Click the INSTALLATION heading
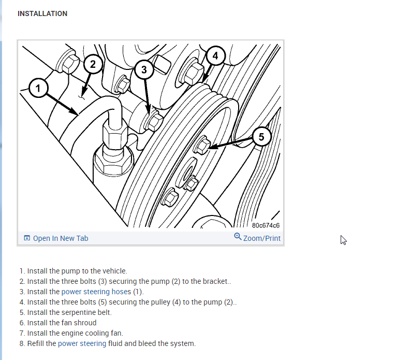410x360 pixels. point(42,13)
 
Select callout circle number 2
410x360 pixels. point(93,64)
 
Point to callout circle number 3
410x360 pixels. point(144,69)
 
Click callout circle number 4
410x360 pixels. point(215,55)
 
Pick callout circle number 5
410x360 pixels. point(261,137)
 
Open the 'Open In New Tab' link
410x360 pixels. point(61,238)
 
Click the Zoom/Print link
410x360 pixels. point(261,238)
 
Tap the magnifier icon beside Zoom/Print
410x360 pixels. point(238,237)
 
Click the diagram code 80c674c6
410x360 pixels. point(266,225)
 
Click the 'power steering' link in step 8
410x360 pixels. point(82,343)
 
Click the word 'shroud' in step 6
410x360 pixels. point(85,322)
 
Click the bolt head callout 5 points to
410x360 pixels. point(202,146)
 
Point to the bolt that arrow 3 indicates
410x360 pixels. point(154,123)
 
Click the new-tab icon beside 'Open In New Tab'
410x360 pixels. point(27,238)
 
